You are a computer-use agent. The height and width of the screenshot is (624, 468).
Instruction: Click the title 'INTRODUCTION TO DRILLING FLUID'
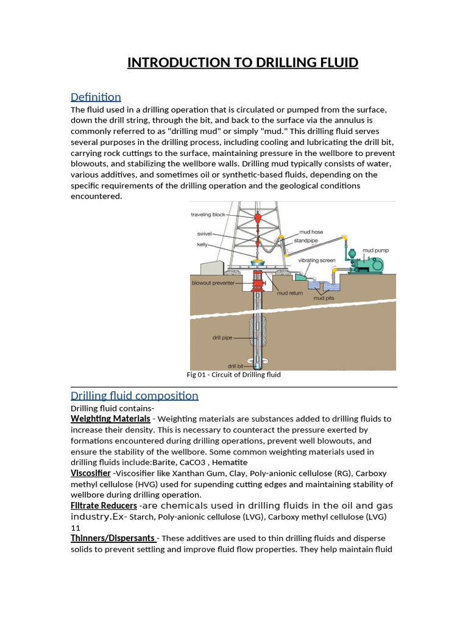(x=243, y=63)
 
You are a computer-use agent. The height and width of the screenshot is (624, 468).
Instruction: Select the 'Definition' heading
(x=96, y=97)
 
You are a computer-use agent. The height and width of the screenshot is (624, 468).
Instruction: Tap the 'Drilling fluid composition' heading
(x=134, y=395)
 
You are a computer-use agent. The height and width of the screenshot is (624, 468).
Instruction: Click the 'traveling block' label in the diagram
(x=208, y=214)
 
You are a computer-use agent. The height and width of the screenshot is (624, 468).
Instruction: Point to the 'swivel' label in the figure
(x=204, y=233)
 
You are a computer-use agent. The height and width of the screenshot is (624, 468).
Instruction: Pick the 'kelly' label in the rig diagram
(x=202, y=244)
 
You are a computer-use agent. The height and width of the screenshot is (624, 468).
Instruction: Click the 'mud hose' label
(x=311, y=232)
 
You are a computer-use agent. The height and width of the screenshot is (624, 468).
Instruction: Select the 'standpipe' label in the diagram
(x=307, y=240)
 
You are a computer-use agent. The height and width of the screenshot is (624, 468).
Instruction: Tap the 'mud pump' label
(x=375, y=250)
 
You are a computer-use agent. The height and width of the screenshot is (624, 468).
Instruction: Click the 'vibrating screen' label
(x=316, y=260)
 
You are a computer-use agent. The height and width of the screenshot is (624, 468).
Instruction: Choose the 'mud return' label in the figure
(x=290, y=292)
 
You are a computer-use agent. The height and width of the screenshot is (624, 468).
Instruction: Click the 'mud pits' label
(x=323, y=298)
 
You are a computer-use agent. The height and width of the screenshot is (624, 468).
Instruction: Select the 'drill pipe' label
(x=222, y=337)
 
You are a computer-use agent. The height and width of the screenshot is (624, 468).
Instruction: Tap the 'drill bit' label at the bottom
(x=235, y=366)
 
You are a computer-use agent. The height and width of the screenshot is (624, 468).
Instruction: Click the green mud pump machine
(x=368, y=264)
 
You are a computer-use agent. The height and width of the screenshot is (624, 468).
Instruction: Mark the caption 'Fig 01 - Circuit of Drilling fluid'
(x=233, y=375)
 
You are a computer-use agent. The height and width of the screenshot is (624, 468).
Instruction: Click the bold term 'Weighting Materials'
(x=110, y=419)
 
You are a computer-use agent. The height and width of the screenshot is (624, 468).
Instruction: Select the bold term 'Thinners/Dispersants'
(x=113, y=538)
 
